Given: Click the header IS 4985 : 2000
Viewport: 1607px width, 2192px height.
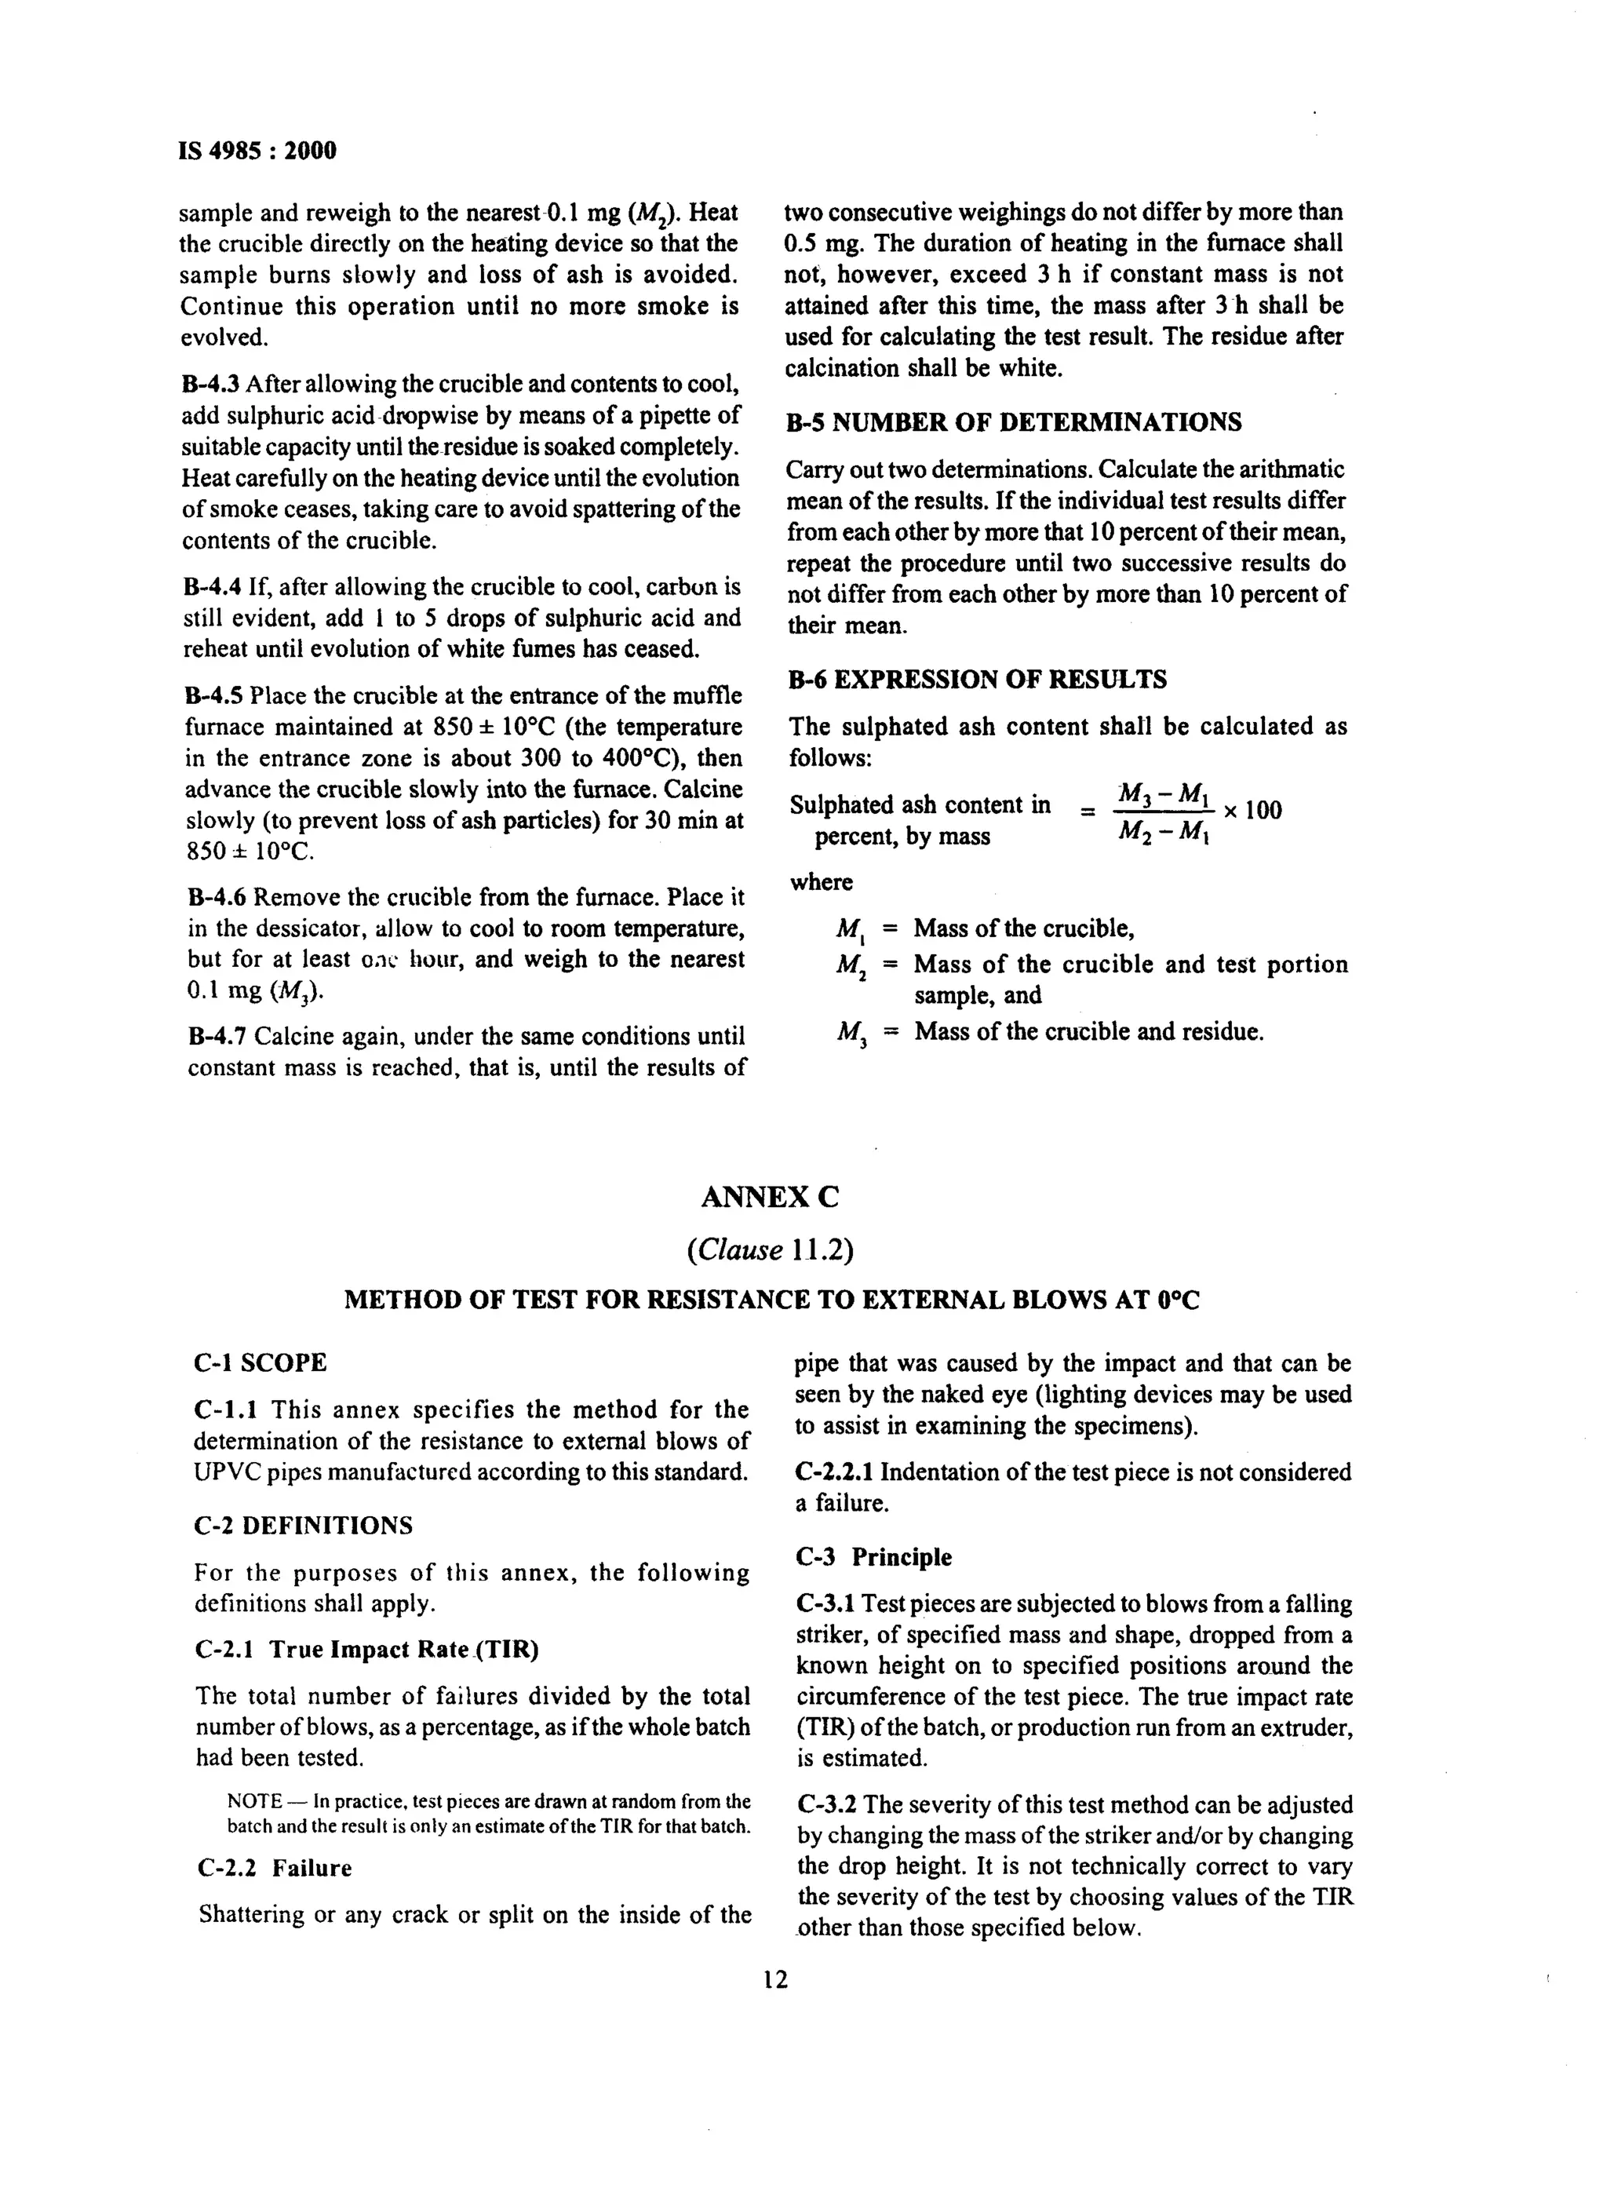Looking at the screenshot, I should coord(258,151).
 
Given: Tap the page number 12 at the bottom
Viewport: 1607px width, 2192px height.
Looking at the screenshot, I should coord(775,1979).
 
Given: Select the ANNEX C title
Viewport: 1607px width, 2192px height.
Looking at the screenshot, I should coord(768,1197).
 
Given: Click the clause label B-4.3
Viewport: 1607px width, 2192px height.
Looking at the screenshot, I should coord(211,385).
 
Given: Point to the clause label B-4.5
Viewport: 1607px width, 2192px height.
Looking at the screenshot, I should coord(213,695).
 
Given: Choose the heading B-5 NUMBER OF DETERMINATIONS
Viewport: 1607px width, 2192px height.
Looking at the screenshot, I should coord(1014,422).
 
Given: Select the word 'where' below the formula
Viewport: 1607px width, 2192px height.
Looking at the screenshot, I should coord(821,882).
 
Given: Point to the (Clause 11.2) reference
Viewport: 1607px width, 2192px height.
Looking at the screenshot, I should coord(770,1249).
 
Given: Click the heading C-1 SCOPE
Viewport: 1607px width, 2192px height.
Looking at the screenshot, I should coord(260,1363).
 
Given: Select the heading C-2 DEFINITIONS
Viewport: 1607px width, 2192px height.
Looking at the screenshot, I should coord(303,1525).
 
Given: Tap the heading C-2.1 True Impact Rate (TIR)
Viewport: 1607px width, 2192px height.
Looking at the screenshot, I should coord(366,1649).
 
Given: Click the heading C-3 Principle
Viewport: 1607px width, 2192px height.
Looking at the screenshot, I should coord(873,1556).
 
